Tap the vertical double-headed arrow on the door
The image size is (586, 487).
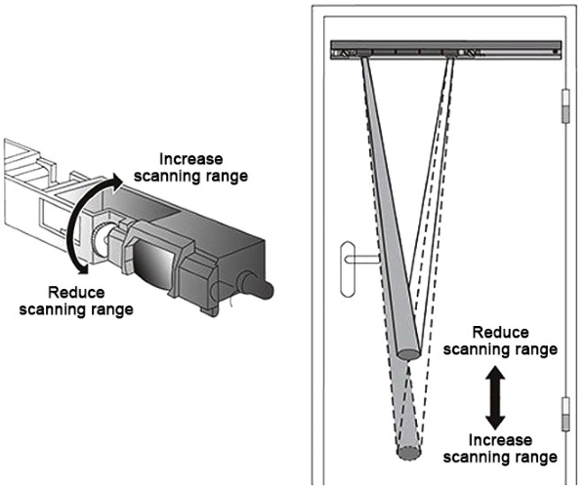click(x=495, y=398)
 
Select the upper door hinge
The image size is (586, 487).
click(x=565, y=106)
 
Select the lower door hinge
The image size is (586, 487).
click(x=565, y=411)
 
